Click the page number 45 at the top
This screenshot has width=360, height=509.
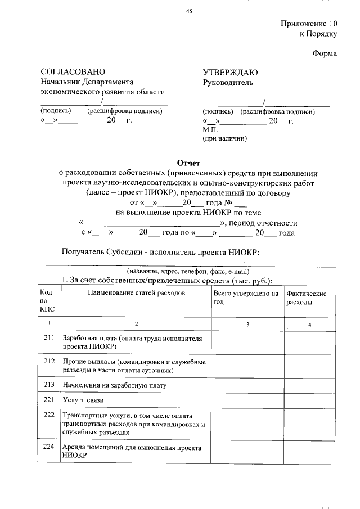pos(189,11)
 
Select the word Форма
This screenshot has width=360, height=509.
pos(325,54)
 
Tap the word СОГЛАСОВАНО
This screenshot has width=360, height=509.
pos(73,72)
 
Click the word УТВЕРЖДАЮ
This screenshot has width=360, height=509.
pos(230,72)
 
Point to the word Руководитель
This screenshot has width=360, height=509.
pos(228,83)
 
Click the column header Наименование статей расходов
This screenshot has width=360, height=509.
pos(136,294)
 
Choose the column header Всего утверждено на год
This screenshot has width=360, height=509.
pos(246,298)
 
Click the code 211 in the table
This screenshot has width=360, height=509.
pos(48,339)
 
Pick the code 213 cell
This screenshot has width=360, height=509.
pos(48,385)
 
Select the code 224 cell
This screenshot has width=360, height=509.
pos(48,447)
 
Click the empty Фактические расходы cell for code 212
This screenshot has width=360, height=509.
pos(309,366)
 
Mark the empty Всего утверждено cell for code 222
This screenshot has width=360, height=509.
pos(246,424)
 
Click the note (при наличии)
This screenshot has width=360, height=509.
pos(225,138)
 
